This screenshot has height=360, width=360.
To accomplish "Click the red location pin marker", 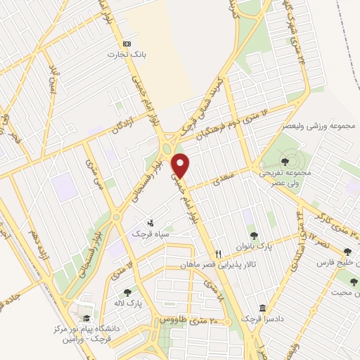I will pyautogui.click(x=181, y=165).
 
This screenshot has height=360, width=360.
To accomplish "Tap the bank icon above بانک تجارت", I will pyautogui.click(x=127, y=42).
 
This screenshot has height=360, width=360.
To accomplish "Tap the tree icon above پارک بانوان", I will pyautogui.click(x=254, y=235).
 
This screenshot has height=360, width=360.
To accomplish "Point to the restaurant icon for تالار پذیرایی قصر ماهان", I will pyautogui.click(x=218, y=254).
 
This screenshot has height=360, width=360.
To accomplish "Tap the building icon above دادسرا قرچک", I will pyautogui.click(x=263, y=308).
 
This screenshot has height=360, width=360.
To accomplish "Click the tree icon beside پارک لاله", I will pyautogui.click(x=127, y=293).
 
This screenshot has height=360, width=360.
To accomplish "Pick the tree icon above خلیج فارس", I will pyautogui.click(x=347, y=251).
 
